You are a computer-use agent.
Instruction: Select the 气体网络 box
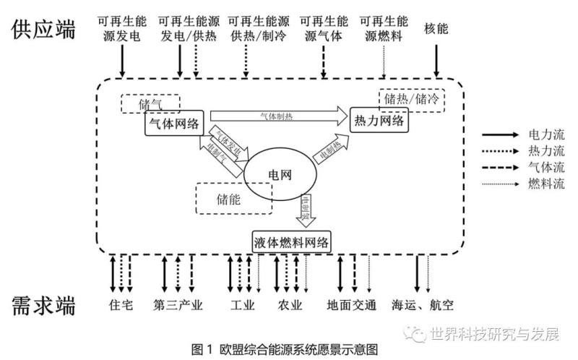pos(173,124)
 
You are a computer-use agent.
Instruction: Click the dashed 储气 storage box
pos(149,104)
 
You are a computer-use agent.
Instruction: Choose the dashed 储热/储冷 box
pos(411,98)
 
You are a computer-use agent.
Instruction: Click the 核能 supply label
pos(437,29)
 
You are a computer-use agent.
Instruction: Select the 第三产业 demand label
pos(178,304)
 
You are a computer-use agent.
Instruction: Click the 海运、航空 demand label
pos(423,304)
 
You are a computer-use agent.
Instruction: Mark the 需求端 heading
pos(44,305)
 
